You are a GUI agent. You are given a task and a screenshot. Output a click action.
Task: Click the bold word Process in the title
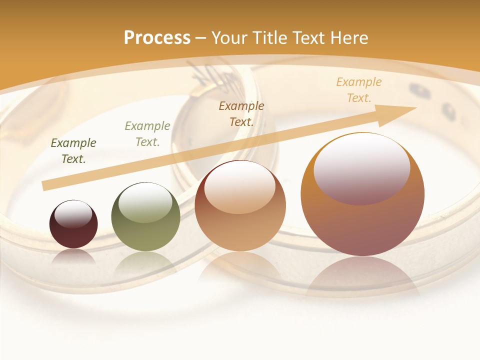[x=157, y=38]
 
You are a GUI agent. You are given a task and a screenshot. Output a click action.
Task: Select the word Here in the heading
[x=349, y=38]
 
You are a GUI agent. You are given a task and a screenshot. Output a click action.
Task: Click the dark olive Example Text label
[x=73, y=151]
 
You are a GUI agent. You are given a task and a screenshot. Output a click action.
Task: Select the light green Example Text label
[x=147, y=134]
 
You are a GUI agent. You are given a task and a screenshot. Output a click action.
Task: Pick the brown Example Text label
[x=241, y=113]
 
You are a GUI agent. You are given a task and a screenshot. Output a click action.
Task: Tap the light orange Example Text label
[x=359, y=90]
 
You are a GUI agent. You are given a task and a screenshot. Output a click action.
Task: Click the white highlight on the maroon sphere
[x=73, y=214]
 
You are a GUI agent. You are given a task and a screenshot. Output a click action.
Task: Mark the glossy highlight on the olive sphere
[x=145, y=203]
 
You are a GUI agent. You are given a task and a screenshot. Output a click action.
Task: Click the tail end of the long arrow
[x=45, y=185]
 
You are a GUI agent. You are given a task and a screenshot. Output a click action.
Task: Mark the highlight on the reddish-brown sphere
[x=240, y=187]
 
